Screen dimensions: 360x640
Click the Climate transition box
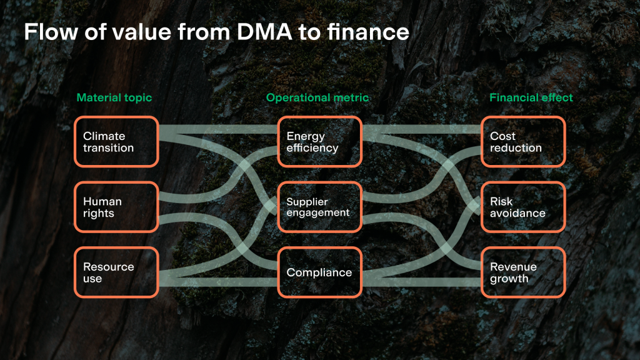(x=116, y=142)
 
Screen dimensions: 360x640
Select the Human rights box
(x=116, y=207)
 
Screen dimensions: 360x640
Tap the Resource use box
(x=116, y=272)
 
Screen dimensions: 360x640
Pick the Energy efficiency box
(x=319, y=142)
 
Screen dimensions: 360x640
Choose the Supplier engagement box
(x=319, y=207)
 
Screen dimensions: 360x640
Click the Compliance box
(x=319, y=272)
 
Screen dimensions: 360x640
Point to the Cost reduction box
(x=523, y=142)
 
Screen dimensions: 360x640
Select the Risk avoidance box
(x=523, y=207)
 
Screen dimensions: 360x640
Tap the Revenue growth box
(x=523, y=272)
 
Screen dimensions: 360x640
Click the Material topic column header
(x=114, y=97)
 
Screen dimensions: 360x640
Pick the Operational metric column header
(x=317, y=97)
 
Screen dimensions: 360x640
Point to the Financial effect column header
(x=531, y=97)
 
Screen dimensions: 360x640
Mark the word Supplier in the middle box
(x=307, y=202)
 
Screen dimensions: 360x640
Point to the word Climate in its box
(x=104, y=136)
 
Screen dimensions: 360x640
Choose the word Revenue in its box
(x=513, y=267)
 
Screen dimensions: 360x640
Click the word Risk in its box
(x=501, y=202)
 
